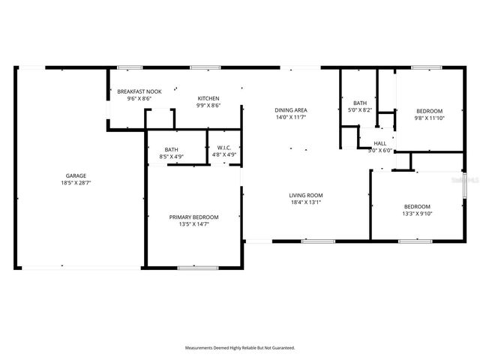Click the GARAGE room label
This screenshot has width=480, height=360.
(x=74, y=175)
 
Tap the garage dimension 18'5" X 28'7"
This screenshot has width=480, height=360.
(x=74, y=183)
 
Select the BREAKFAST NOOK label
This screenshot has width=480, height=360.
(x=134, y=91)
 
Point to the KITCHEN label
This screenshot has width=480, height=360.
(x=208, y=98)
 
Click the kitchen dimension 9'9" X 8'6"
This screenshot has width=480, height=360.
(x=208, y=106)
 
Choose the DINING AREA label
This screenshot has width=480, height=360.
(x=291, y=110)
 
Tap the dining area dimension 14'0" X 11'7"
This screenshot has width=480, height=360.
(x=291, y=118)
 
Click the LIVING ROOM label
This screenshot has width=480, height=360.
(x=306, y=195)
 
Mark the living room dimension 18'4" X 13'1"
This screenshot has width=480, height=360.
(x=306, y=202)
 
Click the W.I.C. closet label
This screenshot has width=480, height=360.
(x=224, y=148)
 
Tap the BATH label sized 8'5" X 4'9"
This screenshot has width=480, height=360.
(x=172, y=149)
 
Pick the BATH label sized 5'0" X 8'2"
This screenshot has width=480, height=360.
(x=360, y=103)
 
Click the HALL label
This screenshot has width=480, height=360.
(x=380, y=143)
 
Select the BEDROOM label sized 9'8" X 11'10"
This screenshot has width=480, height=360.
(x=430, y=110)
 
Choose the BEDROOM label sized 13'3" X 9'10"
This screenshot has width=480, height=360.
(x=417, y=206)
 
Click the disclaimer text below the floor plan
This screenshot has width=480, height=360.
(x=240, y=348)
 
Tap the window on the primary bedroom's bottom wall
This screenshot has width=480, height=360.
(x=198, y=267)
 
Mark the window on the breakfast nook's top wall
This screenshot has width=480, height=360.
(x=129, y=67)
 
